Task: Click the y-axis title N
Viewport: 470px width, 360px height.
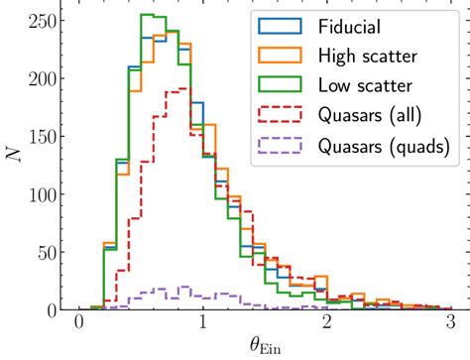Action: (x=13, y=155)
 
